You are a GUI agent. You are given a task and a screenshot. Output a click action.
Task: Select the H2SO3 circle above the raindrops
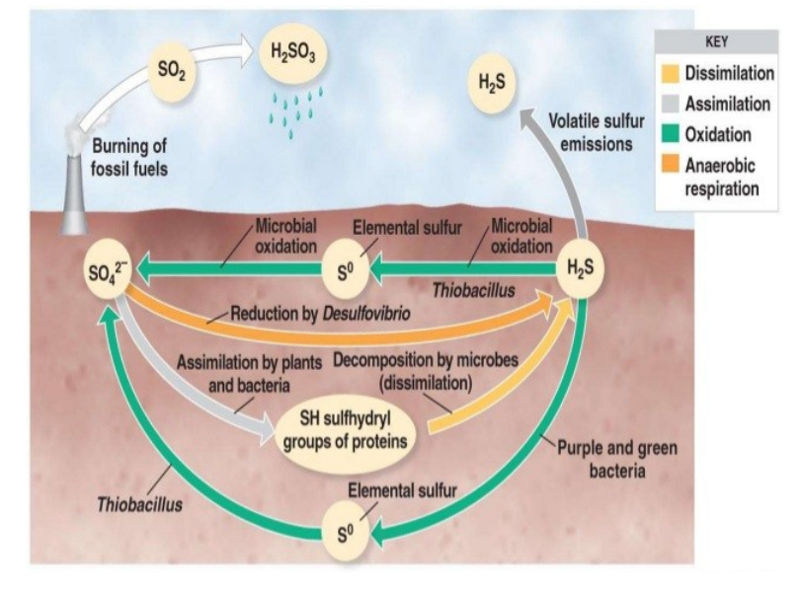pos(287,55)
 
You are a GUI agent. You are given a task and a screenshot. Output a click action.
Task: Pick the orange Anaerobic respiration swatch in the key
pos(671,164)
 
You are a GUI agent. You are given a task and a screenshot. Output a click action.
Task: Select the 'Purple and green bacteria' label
pos(632,456)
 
